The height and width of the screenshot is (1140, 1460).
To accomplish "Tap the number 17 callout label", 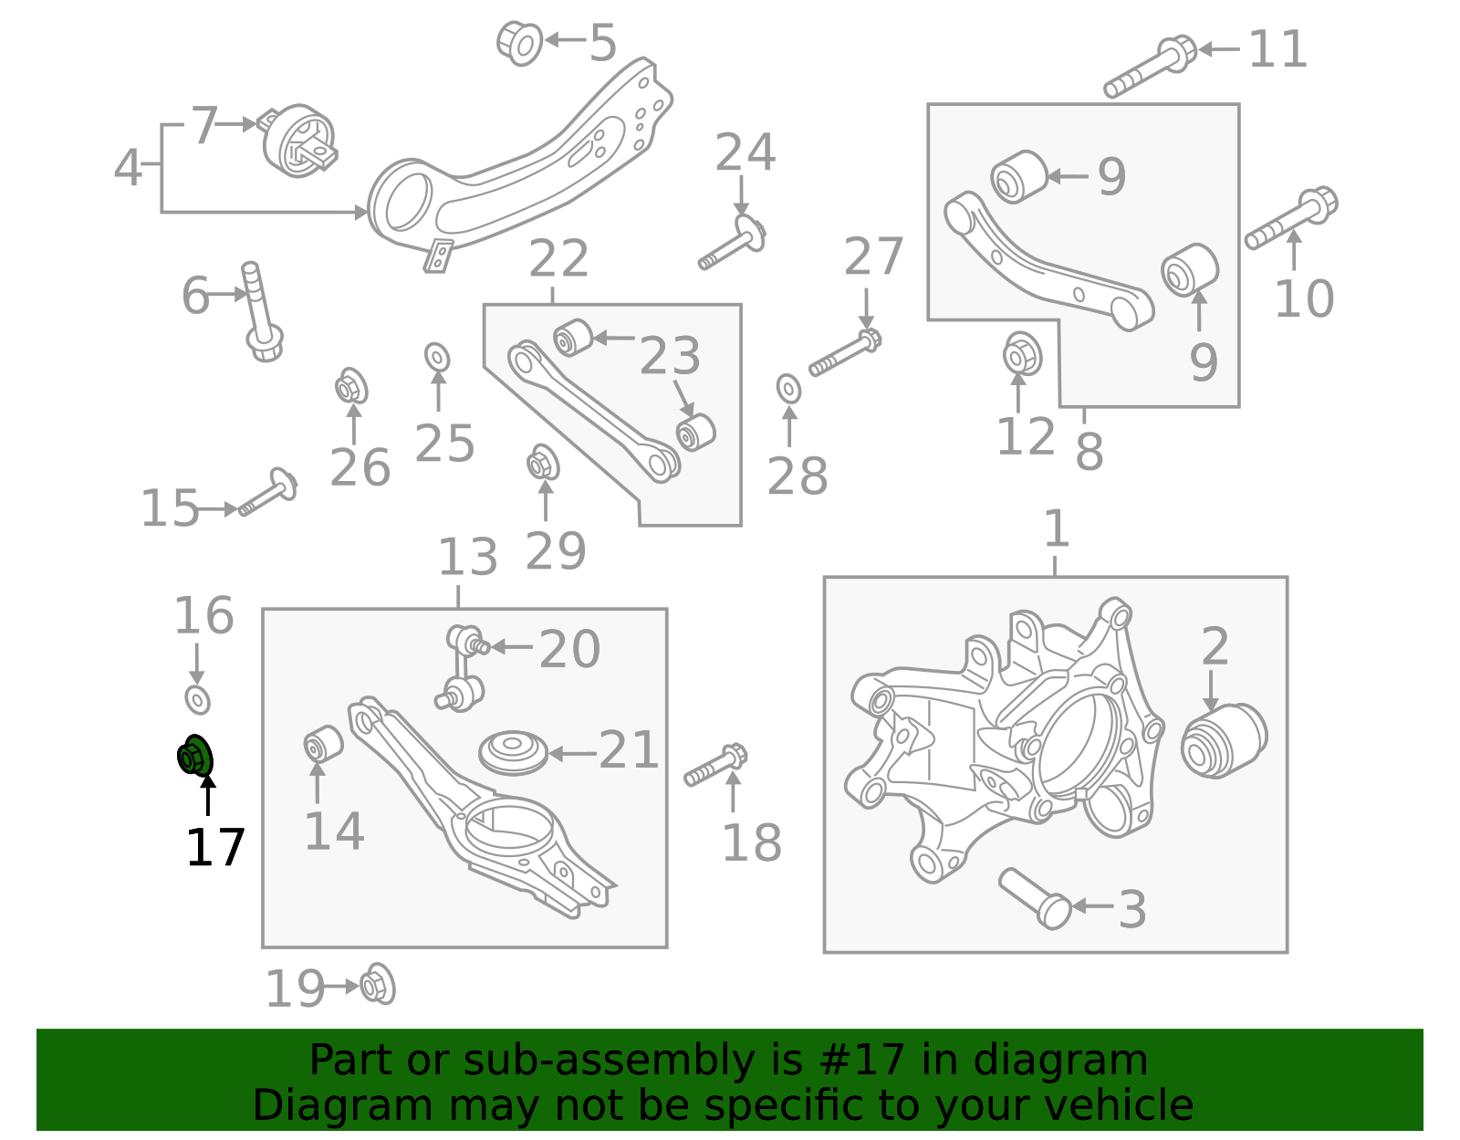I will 215,848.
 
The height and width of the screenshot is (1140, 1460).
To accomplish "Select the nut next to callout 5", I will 519,41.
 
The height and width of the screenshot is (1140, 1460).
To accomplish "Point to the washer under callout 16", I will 197,700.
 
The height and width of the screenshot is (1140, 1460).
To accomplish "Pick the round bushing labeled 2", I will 1224,739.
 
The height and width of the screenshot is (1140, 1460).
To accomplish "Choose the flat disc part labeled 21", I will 513,752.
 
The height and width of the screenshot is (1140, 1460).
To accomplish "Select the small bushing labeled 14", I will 322,743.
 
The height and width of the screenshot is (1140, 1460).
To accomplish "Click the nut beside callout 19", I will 377,985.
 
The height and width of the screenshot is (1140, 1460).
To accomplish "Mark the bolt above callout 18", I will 716,766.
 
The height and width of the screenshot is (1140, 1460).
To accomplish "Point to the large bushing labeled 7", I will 299,141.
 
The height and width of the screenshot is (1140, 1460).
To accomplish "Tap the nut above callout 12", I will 1022,354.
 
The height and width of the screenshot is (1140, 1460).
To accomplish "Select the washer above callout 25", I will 437,358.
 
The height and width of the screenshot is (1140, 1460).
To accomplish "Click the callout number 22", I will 558,260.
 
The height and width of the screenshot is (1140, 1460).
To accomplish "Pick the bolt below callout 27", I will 845,354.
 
